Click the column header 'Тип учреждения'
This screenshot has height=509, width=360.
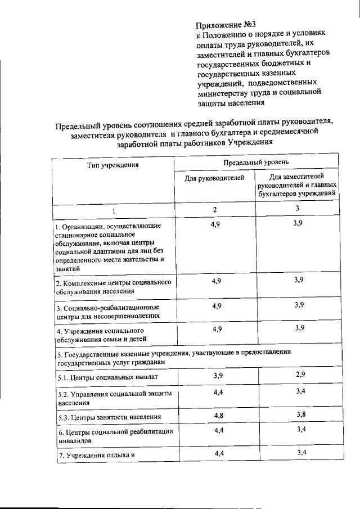pos(112,165)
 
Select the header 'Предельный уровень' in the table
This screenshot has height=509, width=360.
pos(255,162)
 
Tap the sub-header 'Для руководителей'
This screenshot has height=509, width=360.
pos(214,178)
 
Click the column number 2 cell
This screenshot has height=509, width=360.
pos(214,209)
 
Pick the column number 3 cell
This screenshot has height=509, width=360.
pos(297,208)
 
